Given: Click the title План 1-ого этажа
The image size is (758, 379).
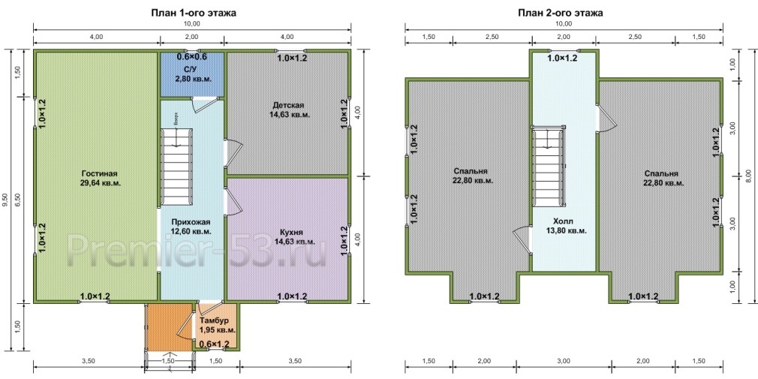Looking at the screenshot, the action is pos(194,13).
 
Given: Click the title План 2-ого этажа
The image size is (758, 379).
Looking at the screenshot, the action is pos(561,13).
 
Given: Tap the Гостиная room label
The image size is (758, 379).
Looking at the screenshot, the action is pos(100,173).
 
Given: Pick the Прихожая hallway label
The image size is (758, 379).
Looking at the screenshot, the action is pos(190,222).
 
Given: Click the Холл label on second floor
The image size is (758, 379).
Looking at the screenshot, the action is pos(563,221).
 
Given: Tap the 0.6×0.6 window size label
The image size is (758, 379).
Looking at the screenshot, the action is pos(191,57).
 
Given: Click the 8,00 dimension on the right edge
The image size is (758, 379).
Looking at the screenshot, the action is pos(748,176).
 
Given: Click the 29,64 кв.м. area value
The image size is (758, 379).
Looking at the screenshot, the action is pos(101,183).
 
